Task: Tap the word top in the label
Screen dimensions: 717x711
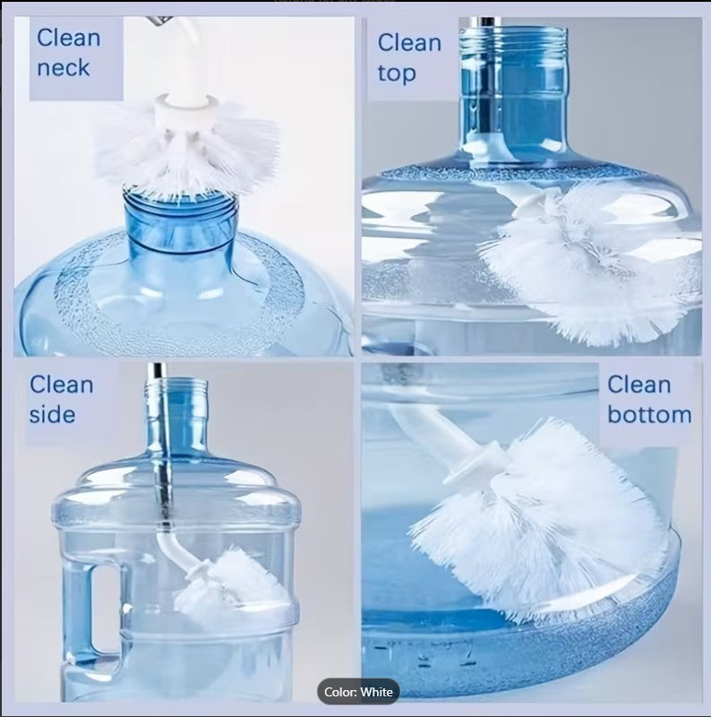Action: tap(396, 73)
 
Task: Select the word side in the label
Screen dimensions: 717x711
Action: tap(52, 415)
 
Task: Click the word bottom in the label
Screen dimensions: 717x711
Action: tap(649, 415)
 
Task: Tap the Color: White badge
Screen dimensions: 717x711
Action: tap(358, 692)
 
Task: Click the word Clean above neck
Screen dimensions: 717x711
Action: tap(68, 39)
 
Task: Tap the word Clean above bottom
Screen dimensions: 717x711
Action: tap(638, 384)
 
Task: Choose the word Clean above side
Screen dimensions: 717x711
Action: tap(61, 384)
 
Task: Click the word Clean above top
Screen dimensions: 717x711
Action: tap(409, 42)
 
